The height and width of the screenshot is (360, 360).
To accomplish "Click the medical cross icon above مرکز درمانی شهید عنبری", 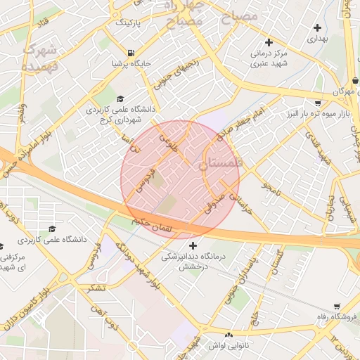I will click(x=269, y=42).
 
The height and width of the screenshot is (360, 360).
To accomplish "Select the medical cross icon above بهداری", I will click(x=318, y=28).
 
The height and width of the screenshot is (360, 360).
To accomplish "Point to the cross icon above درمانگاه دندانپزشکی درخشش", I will click(x=193, y=246).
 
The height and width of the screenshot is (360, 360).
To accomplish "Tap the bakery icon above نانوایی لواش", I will click(x=229, y=335).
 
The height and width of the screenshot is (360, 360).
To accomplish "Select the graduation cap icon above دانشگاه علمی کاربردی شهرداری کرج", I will click(x=120, y=99).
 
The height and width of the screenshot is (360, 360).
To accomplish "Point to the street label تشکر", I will click(x=99, y=288).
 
